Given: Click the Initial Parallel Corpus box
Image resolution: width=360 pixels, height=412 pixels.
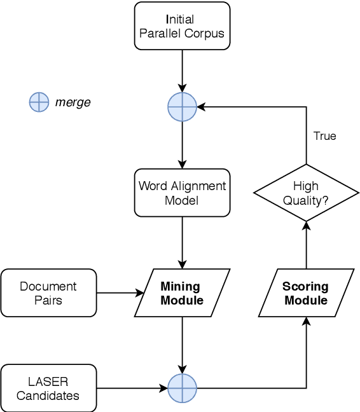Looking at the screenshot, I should coord(182,26).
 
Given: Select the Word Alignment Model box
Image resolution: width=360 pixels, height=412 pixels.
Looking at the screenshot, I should coord(182,193).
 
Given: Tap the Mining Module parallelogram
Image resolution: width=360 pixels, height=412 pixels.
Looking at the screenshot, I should coord(182,293).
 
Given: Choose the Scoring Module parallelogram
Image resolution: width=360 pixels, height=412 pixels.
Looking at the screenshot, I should coord(306,293).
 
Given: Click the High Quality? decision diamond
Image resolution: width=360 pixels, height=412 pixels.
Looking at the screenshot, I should coord(306,193).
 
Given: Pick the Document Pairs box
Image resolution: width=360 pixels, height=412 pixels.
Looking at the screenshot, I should coord(48,293).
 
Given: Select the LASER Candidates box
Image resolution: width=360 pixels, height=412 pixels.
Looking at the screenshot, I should coord(48,388).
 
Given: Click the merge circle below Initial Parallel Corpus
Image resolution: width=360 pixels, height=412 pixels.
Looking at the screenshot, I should coord(182,107).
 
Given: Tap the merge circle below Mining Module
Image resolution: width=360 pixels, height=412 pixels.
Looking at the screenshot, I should coord(182,388).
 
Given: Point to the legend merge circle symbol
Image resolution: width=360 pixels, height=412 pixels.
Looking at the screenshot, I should coord(39,102).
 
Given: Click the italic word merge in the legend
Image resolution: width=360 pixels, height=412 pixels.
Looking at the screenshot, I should coord(73,102).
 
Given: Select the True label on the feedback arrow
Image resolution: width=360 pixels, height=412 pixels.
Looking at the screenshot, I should coord(324,136).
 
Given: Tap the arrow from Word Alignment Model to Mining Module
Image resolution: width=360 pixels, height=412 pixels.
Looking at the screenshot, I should coord(182,242).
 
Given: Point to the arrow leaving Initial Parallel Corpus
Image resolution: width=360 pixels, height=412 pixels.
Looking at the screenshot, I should coord(182,70).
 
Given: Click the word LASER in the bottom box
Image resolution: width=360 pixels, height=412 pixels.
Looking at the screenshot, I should coord(48,381).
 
